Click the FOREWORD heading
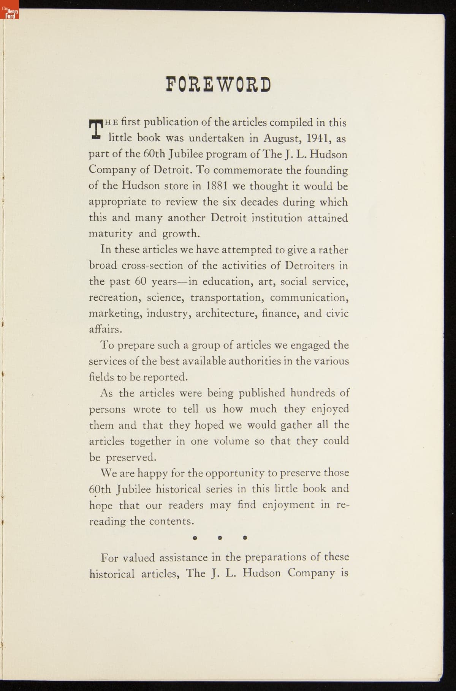[x=218, y=85]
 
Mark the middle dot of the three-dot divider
[x=220, y=538]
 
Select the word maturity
[x=110, y=233]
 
